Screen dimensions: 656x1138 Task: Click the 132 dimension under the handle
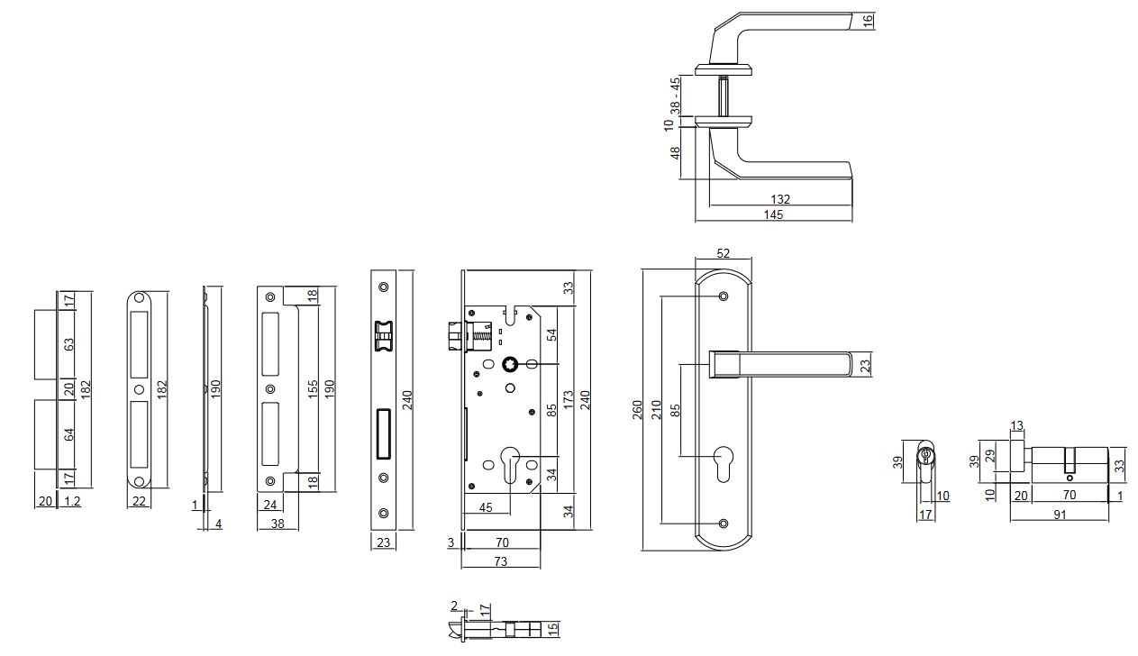pyautogui.click(x=780, y=198)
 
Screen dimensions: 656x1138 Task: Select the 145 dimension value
pyautogui.click(x=773, y=214)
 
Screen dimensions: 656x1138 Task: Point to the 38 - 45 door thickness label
pyautogui.click(x=675, y=95)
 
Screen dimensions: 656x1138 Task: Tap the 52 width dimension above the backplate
pyautogui.click(x=724, y=254)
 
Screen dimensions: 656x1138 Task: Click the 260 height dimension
pyautogui.click(x=638, y=410)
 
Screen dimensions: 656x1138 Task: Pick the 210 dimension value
pyautogui.click(x=657, y=410)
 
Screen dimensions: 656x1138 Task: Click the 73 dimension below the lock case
pyautogui.click(x=500, y=561)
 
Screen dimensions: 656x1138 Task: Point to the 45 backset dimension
pyautogui.click(x=486, y=507)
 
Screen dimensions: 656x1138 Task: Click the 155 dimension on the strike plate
pyautogui.click(x=312, y=389)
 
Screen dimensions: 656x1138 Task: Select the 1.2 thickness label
pyautogui.click(x=73, y=502)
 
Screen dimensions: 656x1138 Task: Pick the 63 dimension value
pyautogui.click(x=68, y=344)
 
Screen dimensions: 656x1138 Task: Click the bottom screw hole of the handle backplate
pyautogui.click(x=724, y=524)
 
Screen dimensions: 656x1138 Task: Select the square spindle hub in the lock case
pyautogui.click(x=511, y=364)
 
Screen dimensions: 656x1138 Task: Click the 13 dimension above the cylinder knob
pyautogui.click(x=1016, y=425)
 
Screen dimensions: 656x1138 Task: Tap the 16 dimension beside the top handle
pyautogui.click(x=868, y=21)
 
